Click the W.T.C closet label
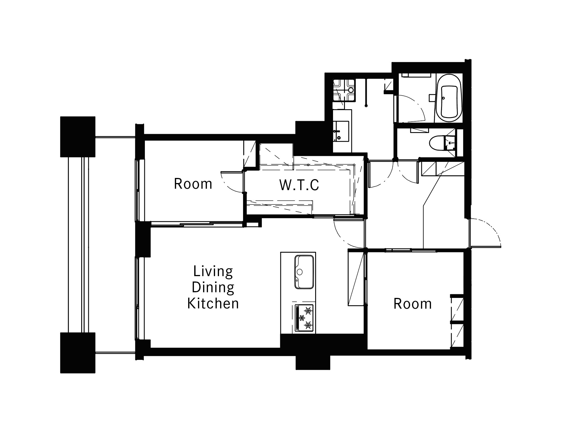pos(299,185)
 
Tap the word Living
pos(213,271)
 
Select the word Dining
pos(213,287)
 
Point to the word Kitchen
pos(213,304)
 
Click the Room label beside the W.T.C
pos(193,184)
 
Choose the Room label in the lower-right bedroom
pos(413,304)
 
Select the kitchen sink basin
pos(304,272)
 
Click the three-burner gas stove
pos(304,318)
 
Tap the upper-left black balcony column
pos(78,137)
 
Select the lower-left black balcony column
pos(78,353)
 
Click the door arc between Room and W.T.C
pos(231,182)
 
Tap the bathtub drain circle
pos(443,98)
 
